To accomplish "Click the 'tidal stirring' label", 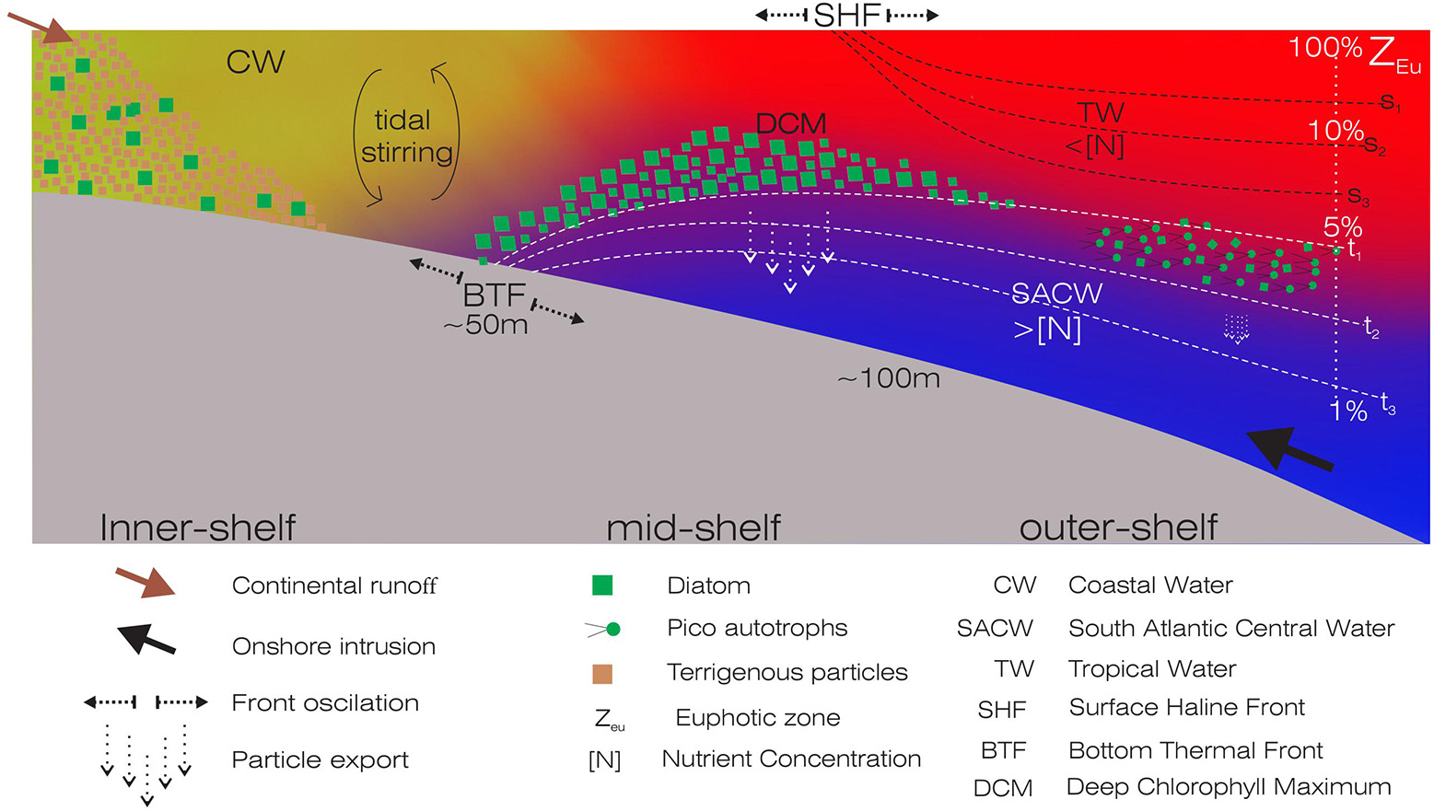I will coord(405,136).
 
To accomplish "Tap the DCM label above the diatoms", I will coord(790,123).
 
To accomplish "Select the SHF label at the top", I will coord(847,15).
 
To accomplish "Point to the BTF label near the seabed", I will coord(495,295).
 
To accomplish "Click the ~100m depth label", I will coord(889,378).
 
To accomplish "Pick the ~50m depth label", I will coord(485,325).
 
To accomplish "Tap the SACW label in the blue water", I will coord(1056,294).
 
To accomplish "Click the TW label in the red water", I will coord(1101,113).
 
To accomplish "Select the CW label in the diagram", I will coord(255,63).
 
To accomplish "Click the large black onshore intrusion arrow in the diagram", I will coord(1288,450).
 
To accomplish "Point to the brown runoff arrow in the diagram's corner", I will coord(41,27).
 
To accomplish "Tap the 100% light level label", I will coord(1324,48).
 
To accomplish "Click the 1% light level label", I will coord(1348,411).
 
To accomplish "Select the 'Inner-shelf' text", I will coord(197,527).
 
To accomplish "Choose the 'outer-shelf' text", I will coord(1118,527).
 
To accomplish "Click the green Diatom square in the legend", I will coord(601,585).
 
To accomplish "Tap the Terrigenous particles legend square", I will coord(601,673).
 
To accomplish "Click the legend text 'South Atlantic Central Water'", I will coord(1230,629).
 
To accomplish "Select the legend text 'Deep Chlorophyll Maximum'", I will coord(1228,787).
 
